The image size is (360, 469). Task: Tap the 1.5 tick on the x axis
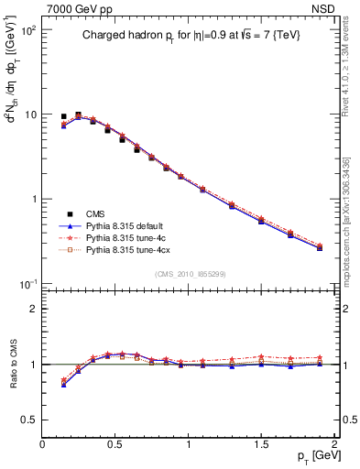click(261, 444)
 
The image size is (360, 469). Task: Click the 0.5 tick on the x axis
click(115, 444)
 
